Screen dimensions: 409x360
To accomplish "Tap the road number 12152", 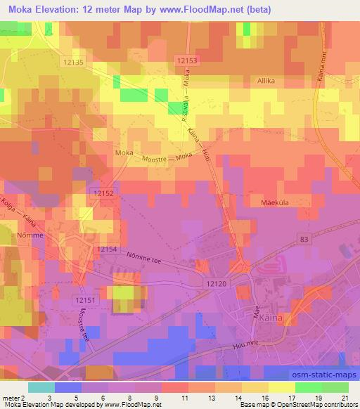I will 103,192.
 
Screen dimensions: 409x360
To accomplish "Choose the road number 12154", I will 108,249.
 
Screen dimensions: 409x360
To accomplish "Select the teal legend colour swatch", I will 42,387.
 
